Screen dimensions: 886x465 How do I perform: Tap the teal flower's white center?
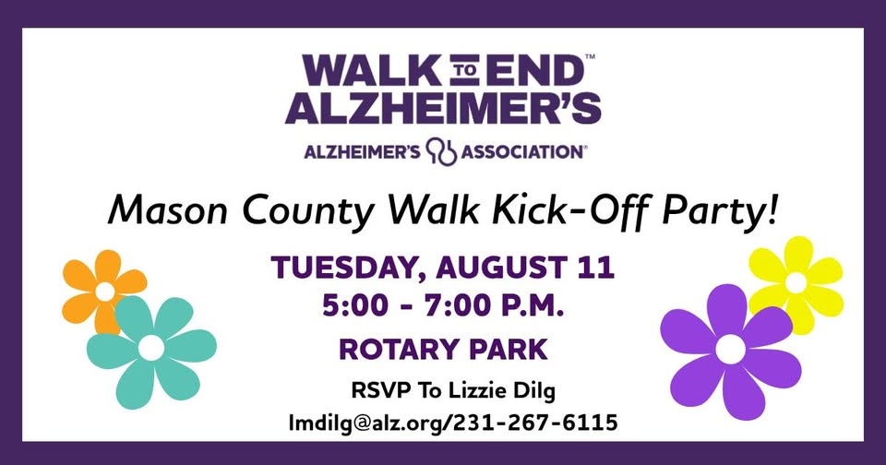tap(151, 348)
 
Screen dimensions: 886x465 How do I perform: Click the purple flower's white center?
tap(730, 349)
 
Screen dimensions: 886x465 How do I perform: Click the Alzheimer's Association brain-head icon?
tap(441, 151)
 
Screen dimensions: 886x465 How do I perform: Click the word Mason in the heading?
tap(167, 210)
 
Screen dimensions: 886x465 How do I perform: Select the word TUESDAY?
tap(348, 268)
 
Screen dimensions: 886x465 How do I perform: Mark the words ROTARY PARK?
tap(444, 349)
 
